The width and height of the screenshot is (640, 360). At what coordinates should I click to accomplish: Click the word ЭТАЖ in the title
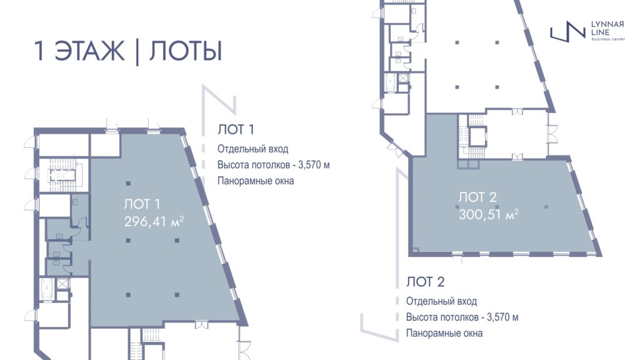coord(89,51)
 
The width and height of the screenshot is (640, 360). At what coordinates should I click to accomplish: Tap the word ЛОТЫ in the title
coord(186,51)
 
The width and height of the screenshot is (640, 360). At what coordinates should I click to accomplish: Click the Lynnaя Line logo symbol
coord(567,31)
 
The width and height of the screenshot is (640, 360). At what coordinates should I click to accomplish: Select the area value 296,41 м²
coord(154,222)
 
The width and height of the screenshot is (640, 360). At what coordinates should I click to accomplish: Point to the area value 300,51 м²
coord(489,214)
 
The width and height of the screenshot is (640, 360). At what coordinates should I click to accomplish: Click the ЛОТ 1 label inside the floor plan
coord(142,204)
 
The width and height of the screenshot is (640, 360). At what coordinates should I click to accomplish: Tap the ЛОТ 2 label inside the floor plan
coord(477,197)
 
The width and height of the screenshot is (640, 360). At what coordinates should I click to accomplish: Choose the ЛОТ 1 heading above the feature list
coord(236,129)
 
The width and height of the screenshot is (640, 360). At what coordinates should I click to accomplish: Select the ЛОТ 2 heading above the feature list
coord(425,282)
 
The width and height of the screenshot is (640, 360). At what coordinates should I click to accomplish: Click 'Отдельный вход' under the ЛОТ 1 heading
coord(252,149)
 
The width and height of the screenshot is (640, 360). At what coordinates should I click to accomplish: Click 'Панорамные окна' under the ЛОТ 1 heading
coord(256,181)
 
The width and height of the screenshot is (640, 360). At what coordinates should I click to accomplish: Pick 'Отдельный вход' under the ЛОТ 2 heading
coord(441,301)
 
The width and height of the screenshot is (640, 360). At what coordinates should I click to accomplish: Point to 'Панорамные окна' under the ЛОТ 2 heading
coord(444,333)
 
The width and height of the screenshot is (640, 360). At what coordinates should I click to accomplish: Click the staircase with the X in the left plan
coord(63,175)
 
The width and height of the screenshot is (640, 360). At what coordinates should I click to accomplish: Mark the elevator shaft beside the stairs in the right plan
coord(477,137)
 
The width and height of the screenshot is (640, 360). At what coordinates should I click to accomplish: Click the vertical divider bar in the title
coord(137,51)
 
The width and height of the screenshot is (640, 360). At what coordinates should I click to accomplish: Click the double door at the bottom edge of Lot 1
coord(201,324)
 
